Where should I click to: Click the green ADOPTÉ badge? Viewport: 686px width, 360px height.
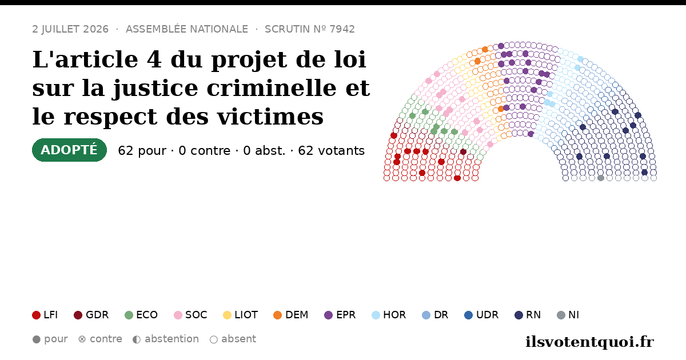(69, 150)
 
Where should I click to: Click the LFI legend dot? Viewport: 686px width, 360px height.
(36, 315)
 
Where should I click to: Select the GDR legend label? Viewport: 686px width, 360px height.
(97, 315)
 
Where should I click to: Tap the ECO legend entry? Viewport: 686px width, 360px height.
(141, 315)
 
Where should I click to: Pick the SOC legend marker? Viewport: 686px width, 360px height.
(178, 315)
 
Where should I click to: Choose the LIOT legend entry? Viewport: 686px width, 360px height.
(241, 315)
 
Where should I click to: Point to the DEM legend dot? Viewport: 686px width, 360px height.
(277, 315)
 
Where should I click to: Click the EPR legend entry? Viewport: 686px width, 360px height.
(340, 315)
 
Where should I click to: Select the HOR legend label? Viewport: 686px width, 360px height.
(394, 315)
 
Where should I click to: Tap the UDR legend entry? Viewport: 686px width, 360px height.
(481, 315)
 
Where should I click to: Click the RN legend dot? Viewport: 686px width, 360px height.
(519, 315)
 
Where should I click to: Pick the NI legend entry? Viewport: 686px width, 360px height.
(568, 315)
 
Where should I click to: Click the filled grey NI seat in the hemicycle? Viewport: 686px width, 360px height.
(601, 178)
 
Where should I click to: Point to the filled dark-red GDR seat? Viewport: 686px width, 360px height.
(464, 152)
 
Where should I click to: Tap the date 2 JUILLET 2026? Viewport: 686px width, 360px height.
(70, 29)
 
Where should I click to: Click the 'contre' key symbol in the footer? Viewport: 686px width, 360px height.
(82, 339)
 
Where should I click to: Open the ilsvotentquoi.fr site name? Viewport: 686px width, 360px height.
(589, 342)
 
